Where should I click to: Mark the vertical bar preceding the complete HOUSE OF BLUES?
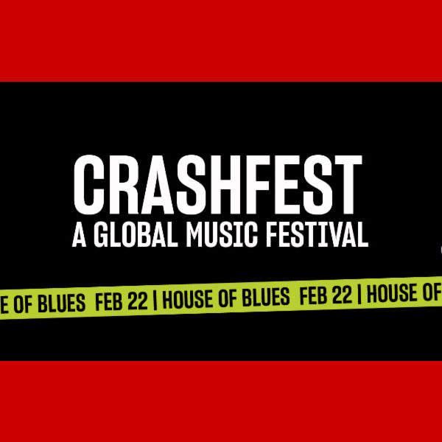pos(158,300)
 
